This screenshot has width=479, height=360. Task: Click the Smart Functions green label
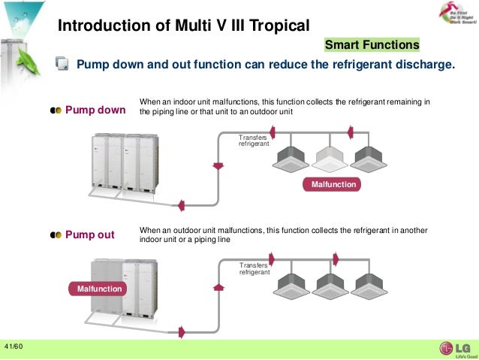click(372, 44)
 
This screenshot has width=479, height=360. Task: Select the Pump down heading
click(95, 110)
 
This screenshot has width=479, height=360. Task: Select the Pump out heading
click(90, 234)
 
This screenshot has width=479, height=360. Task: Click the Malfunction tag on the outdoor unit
click(97, 289)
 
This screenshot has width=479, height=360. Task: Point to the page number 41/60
click(14, 346)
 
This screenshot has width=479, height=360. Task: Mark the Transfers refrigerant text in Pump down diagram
click(254, 141)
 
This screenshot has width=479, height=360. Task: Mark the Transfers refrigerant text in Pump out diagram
click(255, 269)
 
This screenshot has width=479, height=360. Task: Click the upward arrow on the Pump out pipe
click(218, 286)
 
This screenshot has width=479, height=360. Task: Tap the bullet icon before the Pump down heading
click(56, 110)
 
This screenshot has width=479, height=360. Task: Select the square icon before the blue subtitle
click(64, 65)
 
